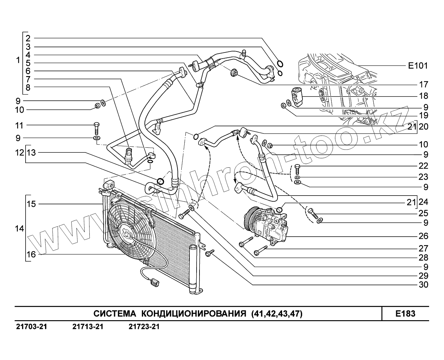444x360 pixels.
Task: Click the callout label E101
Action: [x=417, y=66]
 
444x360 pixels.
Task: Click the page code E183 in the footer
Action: [x=405, y=314]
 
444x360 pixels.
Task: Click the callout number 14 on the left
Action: [x=19, y=229]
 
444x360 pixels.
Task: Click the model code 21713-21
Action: [x=88, y=327]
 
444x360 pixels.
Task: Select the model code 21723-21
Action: [x=144, y=327]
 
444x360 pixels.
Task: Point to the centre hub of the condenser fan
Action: [x=127, y=234]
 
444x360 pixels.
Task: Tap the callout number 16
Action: [x=31, y=254]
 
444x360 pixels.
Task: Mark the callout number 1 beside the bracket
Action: [x=18, y=60]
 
